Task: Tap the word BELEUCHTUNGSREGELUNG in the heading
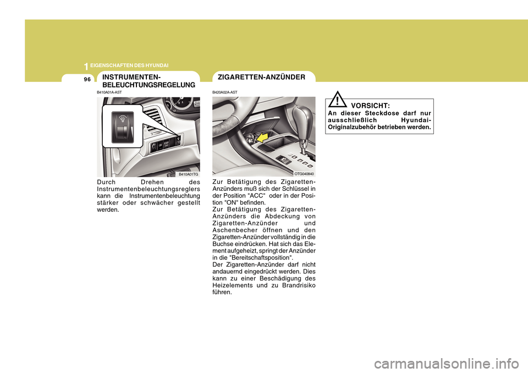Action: [x=148, y=85]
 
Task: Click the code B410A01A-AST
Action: [x=109, y=92]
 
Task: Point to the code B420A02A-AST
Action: [x=225, y=92]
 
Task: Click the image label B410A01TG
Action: [x=188, y=174]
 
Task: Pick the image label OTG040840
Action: [x=304, y=174]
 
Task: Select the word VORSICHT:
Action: [x=370, y=105]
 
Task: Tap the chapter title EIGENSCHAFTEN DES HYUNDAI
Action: [x=129, y=65]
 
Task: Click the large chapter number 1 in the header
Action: [x=86, y=66]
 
